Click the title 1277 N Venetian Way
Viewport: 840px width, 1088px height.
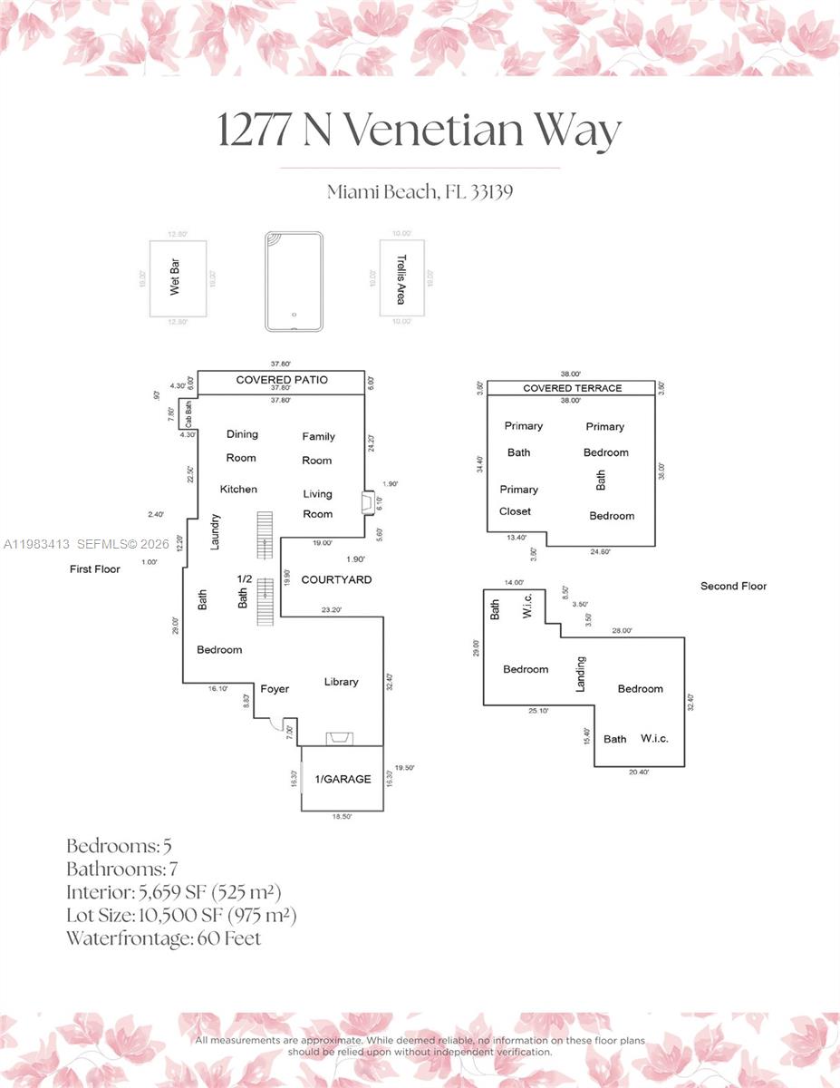[420, 130]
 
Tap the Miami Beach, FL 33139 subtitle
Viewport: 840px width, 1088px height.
[420, 192]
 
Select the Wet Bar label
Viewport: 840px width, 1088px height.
[175, 279]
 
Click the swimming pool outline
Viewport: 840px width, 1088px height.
[294, 280]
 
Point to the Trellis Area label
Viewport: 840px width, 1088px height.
[401, 279]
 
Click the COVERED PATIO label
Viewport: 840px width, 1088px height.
[282, 380]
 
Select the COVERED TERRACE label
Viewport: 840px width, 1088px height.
[572, 388]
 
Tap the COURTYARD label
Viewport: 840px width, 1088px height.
[336, 579]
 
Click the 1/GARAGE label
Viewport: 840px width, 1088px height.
[343, 779]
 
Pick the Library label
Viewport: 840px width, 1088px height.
[342, 682]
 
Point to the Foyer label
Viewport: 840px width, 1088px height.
[275, 689]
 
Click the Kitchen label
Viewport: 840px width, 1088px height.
[238, 490]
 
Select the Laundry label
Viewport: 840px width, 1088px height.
[216, 532]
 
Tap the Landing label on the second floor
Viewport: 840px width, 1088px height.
[581, 674]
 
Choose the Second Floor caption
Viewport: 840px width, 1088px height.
[733, 587]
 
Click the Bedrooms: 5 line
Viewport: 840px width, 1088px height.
[119, 846]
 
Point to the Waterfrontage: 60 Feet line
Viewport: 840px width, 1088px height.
[163, 938]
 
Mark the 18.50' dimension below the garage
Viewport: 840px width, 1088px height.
[342, 817]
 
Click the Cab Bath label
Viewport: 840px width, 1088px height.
[189, 414]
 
